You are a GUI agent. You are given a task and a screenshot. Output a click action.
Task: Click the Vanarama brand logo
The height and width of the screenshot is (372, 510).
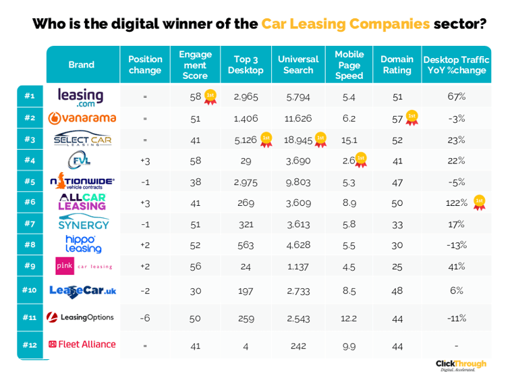(82, 118)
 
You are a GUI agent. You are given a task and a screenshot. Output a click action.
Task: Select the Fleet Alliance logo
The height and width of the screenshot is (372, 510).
(82, 344)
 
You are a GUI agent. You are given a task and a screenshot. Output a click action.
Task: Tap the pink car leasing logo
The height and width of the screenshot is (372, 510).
(82, 266)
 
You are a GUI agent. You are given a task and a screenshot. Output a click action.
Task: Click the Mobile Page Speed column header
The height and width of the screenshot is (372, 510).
(349, 65)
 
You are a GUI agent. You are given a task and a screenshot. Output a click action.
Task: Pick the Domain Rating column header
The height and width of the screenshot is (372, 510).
(396, 65)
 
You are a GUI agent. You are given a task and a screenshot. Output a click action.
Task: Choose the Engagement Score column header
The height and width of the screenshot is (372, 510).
(195, 65)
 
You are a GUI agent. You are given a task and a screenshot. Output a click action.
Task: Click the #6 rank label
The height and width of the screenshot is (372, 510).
(30, 203)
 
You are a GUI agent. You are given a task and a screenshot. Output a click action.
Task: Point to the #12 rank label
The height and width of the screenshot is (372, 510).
(30, 344)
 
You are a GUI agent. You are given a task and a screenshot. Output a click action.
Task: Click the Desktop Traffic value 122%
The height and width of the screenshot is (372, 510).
(456, 203)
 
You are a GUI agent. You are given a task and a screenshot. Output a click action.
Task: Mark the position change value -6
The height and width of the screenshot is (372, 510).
(144, 317)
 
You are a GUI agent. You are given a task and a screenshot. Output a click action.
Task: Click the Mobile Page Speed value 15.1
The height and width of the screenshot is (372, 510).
(349, 140)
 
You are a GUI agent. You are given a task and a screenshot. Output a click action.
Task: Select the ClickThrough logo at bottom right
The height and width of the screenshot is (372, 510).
(460, 365)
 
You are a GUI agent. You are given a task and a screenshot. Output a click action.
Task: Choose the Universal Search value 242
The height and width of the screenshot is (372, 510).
(298, 344)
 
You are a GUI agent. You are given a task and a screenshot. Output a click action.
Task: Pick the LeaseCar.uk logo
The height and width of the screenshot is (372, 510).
(82, 290)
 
